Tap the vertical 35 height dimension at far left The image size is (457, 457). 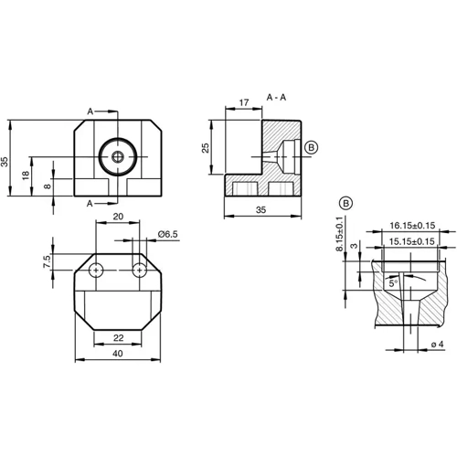tap(5, 161)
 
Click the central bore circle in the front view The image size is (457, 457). tap(118, 156)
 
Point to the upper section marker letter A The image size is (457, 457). tap(90, 111)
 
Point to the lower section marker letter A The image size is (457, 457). tap(90, 202)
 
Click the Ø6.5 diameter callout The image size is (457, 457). tap(167, 235)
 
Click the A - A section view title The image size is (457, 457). tap(275, 96)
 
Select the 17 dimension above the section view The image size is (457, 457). tap(244, 103)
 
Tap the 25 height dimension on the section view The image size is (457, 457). tap(207, 147)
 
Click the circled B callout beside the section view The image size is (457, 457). tap(311, 146)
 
